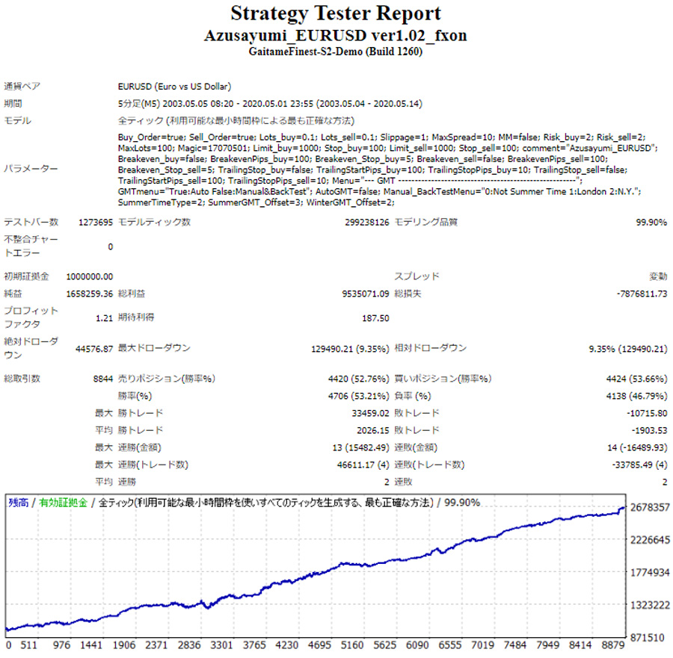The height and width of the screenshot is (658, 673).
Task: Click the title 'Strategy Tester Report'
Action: tap(336, 13)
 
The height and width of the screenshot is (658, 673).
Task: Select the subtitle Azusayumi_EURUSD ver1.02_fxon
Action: tap(336, 36)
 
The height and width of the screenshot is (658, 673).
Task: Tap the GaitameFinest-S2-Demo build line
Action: tap(336, 52)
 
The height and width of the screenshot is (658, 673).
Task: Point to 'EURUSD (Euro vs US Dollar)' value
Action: tap(174, 87)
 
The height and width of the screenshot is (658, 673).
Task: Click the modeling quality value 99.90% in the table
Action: tap(651, 223)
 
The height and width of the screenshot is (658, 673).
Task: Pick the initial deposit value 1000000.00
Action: tap(90, 276)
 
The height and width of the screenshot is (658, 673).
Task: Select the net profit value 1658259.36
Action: tap(90, 294)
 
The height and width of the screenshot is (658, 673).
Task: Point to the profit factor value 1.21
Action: tap(105, 318)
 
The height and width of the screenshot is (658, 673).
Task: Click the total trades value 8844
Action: tap(103, 379)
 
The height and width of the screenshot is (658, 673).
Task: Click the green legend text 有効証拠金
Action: tap(64, 503)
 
